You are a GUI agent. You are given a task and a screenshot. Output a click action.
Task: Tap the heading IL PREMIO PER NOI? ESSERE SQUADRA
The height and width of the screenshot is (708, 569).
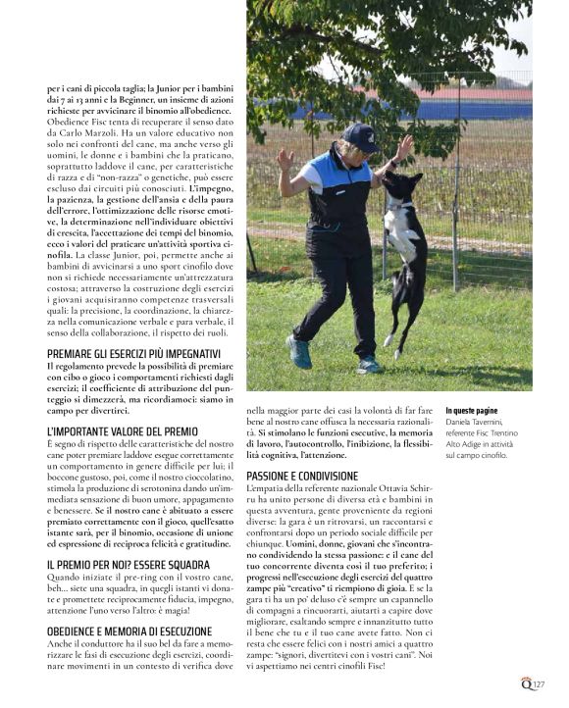(x=128, y=565)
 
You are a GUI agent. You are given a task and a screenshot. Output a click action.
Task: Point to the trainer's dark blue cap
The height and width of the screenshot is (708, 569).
(x=360, y=133)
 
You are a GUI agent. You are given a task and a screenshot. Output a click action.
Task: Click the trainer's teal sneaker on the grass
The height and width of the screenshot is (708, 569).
(x=299, y=350)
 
